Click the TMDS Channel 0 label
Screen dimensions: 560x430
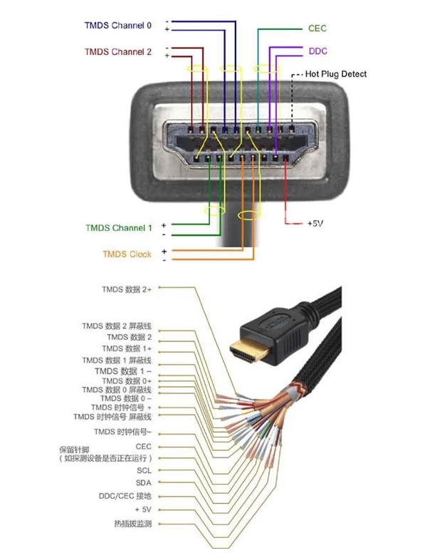pos(118,26)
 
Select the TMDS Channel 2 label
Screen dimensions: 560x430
pos(118,52)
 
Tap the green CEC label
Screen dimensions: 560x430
pos(318,28)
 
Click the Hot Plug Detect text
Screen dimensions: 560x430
pos(336,74)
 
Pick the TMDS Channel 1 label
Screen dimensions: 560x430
pos(119,228)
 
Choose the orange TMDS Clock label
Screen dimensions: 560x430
pos(127,254)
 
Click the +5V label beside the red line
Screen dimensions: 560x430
pos(315,224)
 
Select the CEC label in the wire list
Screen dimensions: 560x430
pos(143,447)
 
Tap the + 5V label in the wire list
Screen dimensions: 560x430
pos(143,510)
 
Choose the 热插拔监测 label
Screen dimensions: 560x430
pos(130,524)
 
